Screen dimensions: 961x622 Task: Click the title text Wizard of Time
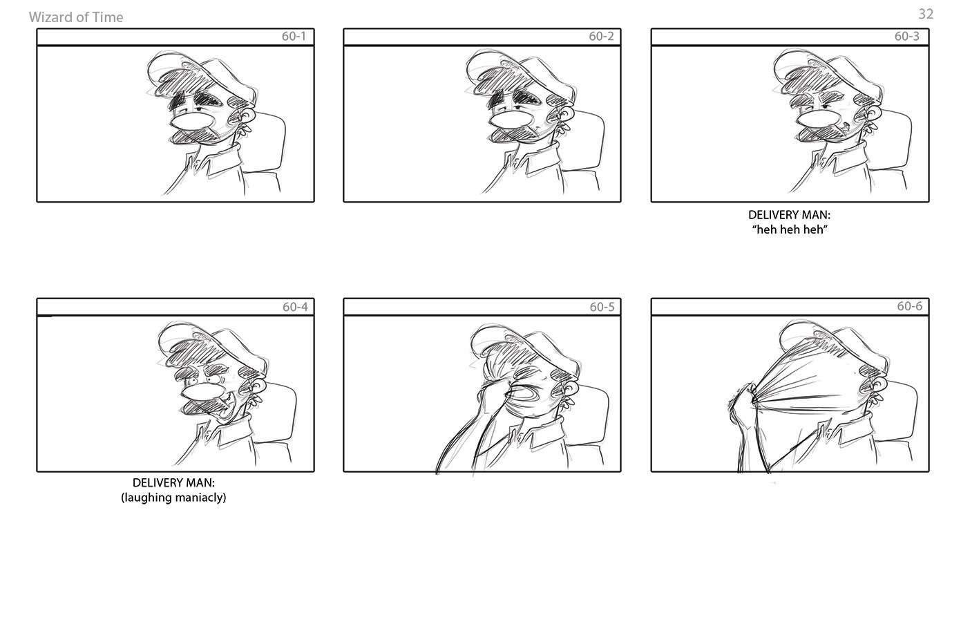tap(76, 17)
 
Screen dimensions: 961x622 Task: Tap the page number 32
tap(925, 14)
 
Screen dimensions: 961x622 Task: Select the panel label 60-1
tap(294, 37)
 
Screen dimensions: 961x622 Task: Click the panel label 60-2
tap(601, 37)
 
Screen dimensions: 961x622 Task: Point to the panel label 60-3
tap(907, 37)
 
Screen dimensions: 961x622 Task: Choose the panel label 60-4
tap(295, 307)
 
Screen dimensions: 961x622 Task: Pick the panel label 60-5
tap(602, 307)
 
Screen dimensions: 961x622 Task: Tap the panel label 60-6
tap(909, 306)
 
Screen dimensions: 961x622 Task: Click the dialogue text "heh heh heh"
tap(790, 229)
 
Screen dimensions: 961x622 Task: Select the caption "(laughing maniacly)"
tap(173, 498)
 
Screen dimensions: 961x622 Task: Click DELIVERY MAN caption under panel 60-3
tap(790, 215)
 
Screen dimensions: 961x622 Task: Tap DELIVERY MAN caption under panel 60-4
tap(173, 482)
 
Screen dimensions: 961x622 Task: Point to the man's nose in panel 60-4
tap(202, 391)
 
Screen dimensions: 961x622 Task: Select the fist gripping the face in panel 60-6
tap(741, 402)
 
